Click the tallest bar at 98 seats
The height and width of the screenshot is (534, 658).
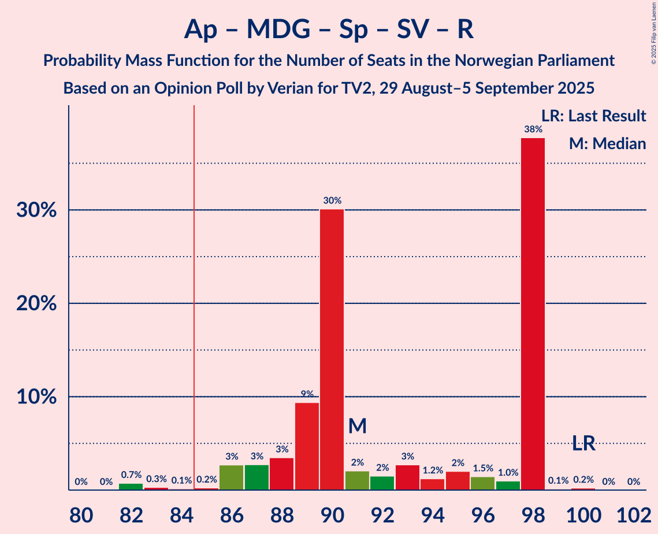click(x=533, y=314)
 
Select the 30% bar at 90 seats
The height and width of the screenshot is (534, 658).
click(x=332, y=350)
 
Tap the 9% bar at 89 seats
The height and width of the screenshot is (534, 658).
click(x=307, y=446)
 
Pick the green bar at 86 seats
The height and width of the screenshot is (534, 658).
click(x=231, y=477)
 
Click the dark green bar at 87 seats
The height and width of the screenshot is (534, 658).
click(x=256, y=477)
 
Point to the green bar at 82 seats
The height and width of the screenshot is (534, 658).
click(x=131, y=487)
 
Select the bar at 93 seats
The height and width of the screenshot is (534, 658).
click(x=407, y=477)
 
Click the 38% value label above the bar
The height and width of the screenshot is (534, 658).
click(x=533, y=130)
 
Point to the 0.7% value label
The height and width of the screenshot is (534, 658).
click(x=131, y=475)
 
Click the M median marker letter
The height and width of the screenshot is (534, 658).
click(x=358, y=427)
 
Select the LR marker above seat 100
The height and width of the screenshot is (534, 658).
click(x=583, y=443)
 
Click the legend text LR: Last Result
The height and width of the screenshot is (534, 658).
click(x=593, y=116)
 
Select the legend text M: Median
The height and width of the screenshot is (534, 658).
click(x=607, y=144)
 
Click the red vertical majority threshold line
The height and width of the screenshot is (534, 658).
click(x=194, y=289)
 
